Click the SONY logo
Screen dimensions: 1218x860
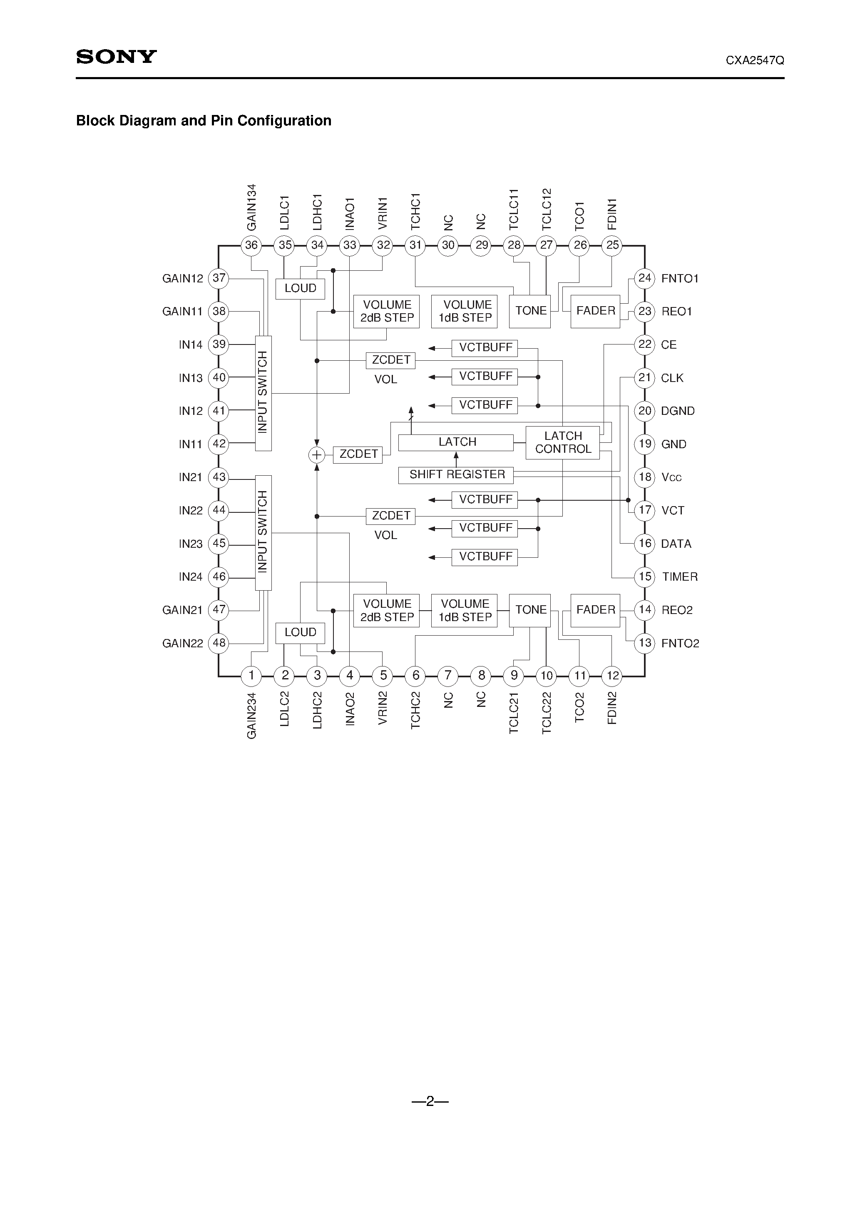tap(116, 57)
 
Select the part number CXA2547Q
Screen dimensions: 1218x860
tap(755, 60)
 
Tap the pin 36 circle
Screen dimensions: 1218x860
tap(251, 245)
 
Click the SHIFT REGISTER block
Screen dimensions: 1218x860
tap(456, 475)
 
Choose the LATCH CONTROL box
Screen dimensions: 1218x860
tap(562, 442)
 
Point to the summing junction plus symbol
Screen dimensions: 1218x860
tap(316, 454)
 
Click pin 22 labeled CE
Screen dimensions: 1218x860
tap(644, 344)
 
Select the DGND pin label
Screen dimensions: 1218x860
tap(678, 411)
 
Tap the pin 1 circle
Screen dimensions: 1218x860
tap(251, 675)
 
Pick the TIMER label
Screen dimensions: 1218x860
tap(680, 577)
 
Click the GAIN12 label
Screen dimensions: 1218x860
tap(182, 279)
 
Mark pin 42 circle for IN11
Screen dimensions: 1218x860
tap(219, 444)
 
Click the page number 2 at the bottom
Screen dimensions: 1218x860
tap(430, 1101)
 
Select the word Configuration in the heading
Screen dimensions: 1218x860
tap(284, 121)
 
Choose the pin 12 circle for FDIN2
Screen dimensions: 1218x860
tap(612, 675)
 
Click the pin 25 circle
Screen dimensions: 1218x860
tap(612, 245)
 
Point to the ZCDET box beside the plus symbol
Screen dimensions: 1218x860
tap(358, 454)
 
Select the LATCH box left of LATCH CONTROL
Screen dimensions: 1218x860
tap(456, 442)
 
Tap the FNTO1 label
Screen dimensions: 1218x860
tap(680, 279)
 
